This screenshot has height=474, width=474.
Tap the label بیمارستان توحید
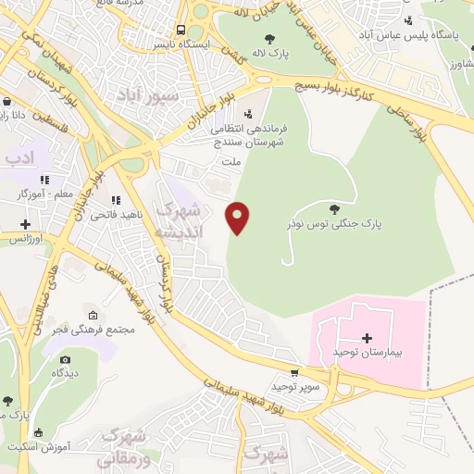coord(367,355)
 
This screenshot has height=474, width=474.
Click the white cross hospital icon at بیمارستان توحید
coord(367,338)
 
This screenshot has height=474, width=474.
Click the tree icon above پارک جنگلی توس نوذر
coord(334,208)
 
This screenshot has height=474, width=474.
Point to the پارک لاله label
coord(274,54)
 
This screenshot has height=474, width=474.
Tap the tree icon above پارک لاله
coord(269,38)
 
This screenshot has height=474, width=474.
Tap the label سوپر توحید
coord(295,386)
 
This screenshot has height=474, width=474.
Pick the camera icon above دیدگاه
coord(65,359)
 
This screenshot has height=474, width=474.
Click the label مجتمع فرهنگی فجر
coord(83,329)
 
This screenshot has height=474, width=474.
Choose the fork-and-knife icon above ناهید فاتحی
coord(115,200)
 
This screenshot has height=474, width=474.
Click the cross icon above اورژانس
coord(25,223)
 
